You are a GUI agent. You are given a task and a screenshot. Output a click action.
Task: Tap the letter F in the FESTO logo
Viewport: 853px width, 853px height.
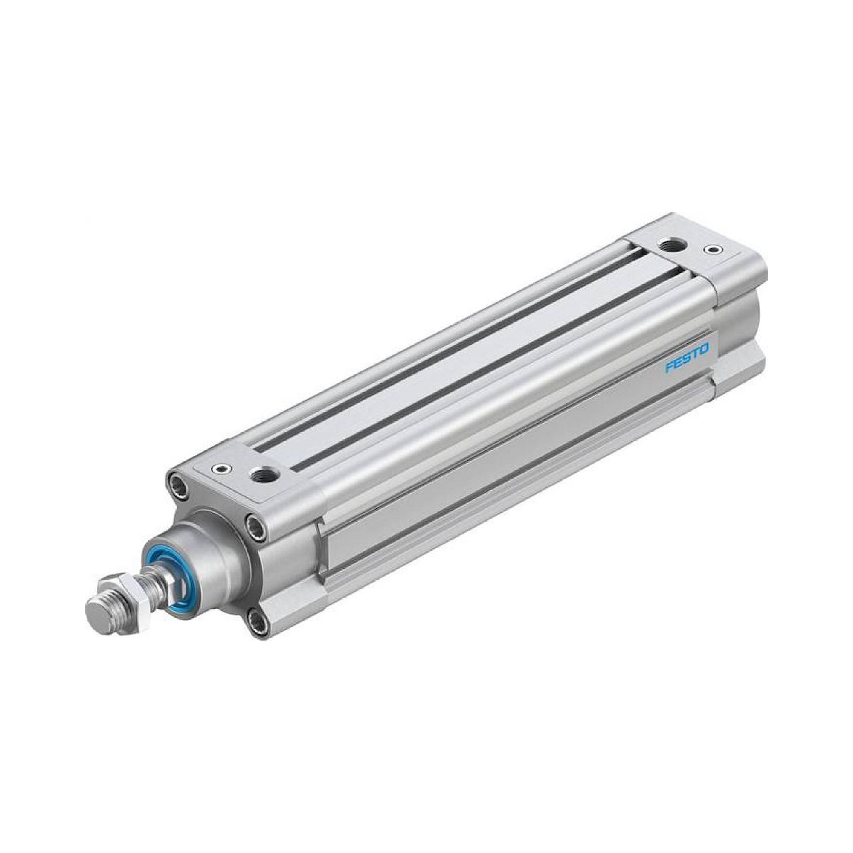click(670, 359)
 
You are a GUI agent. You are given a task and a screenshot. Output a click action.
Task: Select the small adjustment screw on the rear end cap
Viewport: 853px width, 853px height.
click(711, 250)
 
